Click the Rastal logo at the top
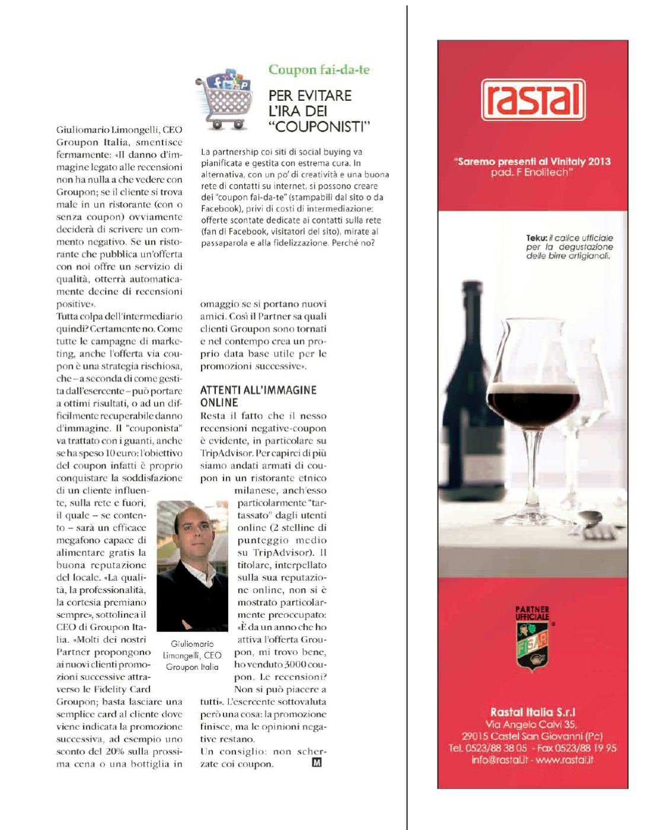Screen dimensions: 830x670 pos(532,100)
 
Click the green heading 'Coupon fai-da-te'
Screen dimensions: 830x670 pos(319,69)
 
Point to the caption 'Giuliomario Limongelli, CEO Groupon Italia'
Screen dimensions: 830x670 pos(192,655)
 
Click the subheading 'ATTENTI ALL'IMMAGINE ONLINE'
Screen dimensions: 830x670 pos(258,395)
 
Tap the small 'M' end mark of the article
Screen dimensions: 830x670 pos(317,763)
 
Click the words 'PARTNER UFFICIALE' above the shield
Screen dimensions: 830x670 pos(532,613)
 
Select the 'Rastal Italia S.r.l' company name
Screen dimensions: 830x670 pos(532,712)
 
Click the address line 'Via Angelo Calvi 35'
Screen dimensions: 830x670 pos(531,724)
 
